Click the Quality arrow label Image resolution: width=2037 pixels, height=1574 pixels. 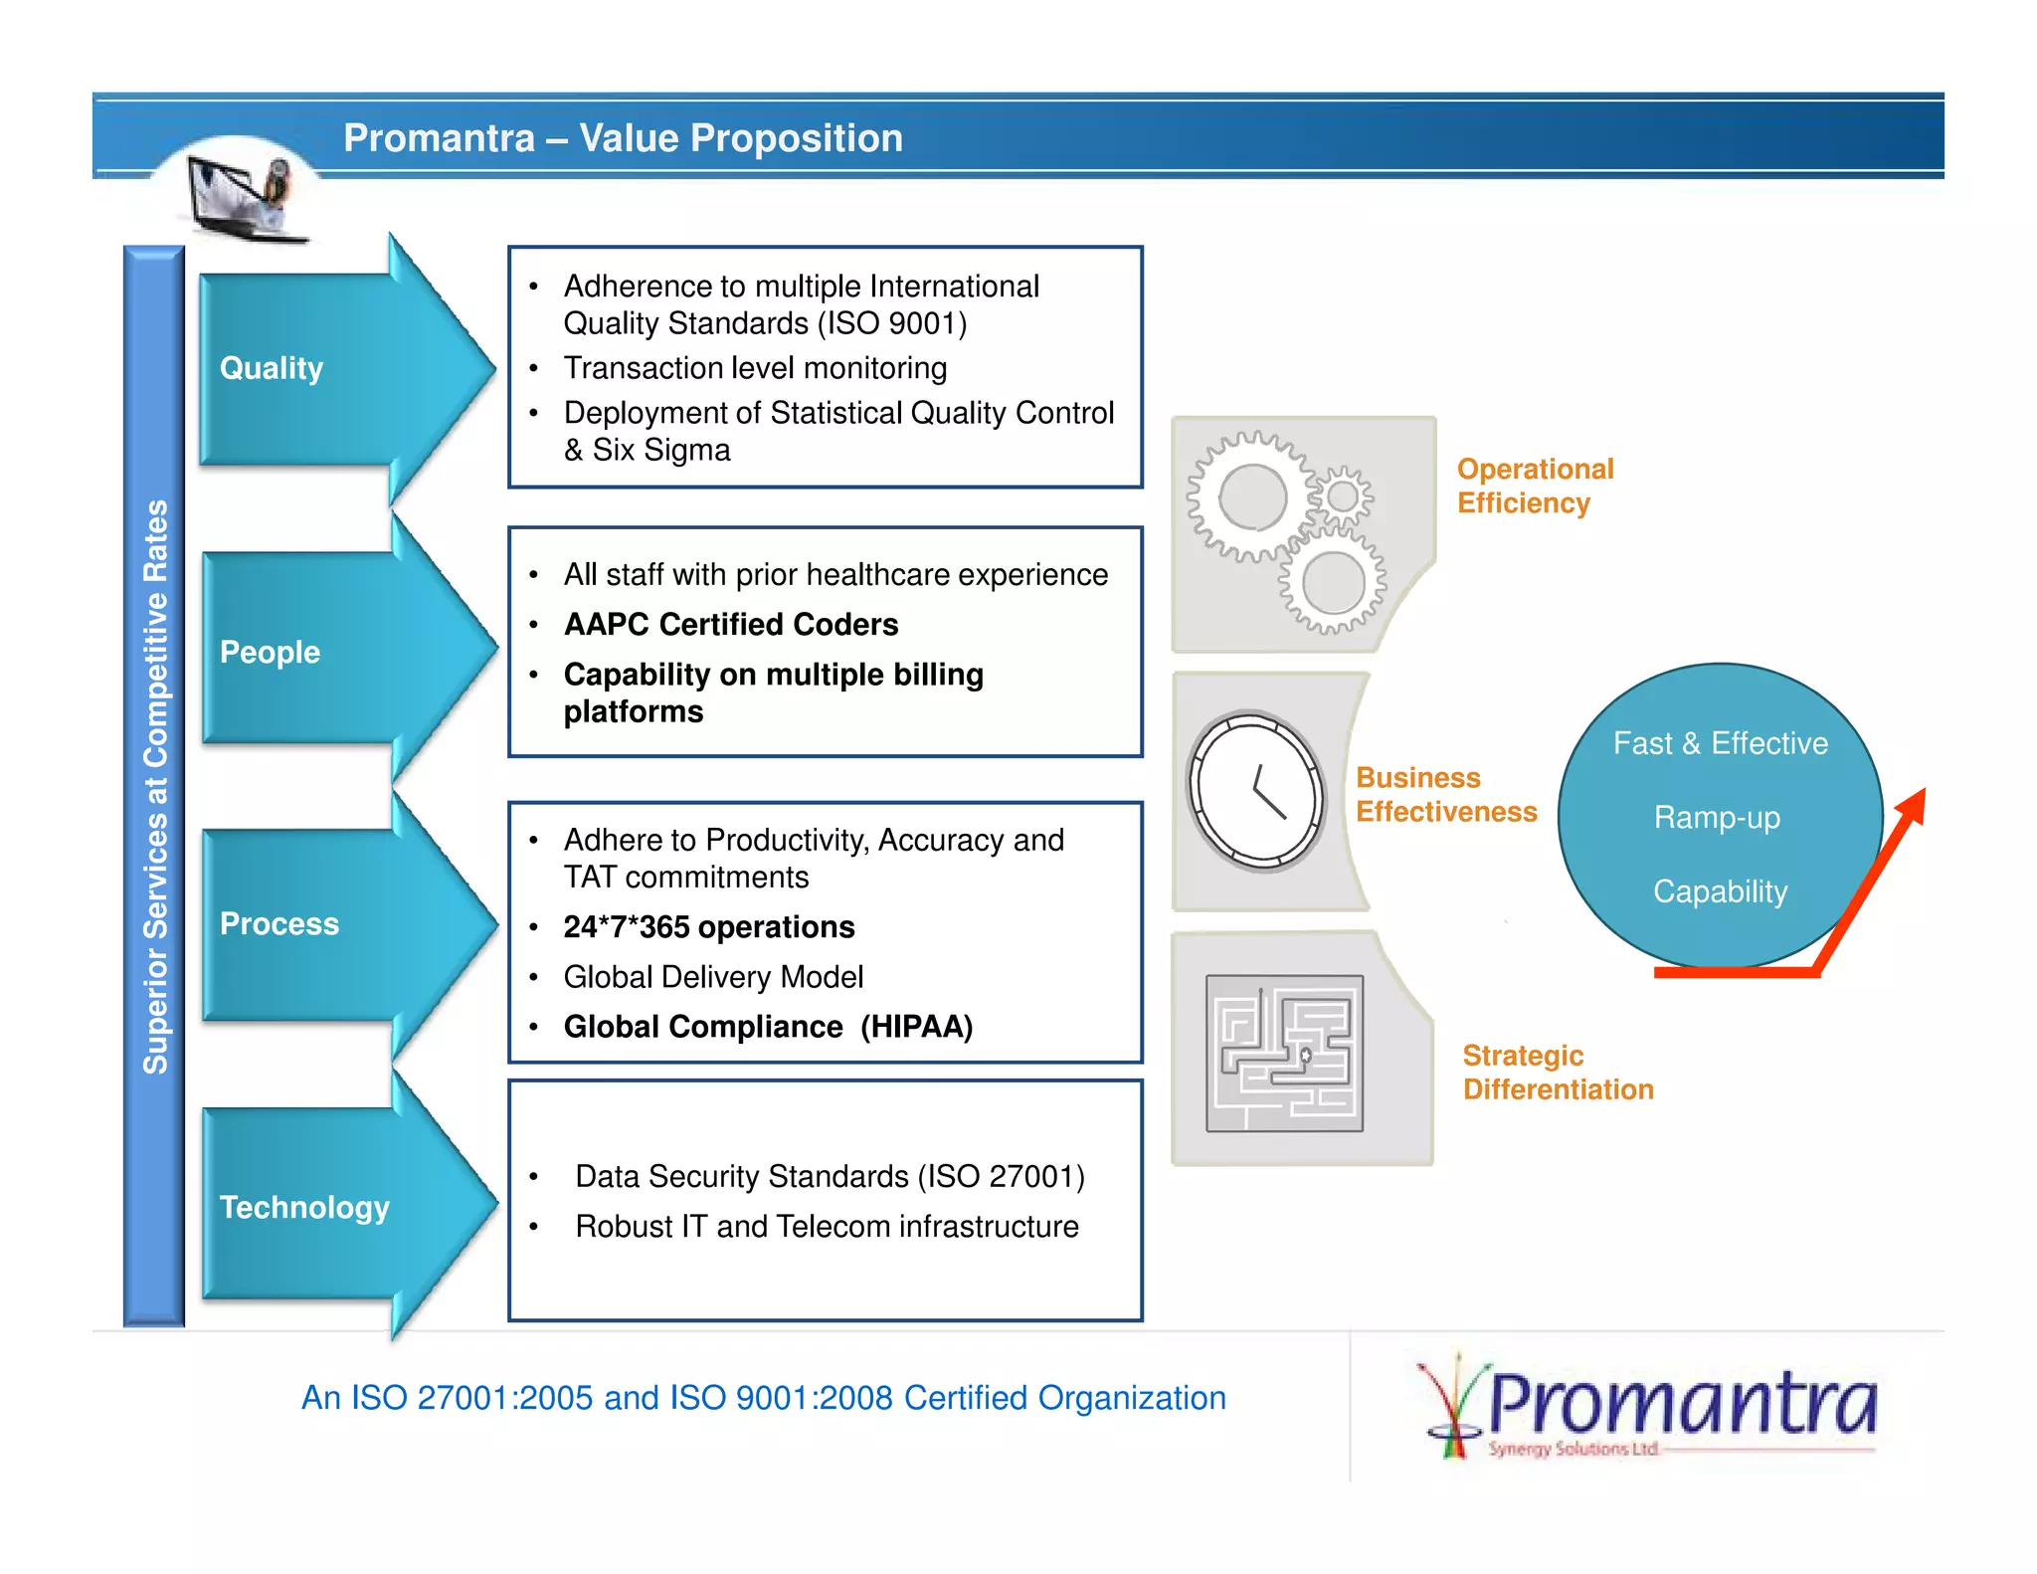(271, 368)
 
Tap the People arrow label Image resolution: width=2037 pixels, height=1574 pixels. (270, 652)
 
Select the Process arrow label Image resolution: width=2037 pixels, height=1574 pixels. (278, 923)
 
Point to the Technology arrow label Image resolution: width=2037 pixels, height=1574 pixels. (303, 1207)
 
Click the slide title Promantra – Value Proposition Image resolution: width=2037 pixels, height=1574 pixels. (623, 138)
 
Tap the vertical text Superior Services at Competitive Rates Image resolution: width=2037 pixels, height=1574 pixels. (155, 786)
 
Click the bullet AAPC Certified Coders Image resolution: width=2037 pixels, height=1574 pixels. (730, 624)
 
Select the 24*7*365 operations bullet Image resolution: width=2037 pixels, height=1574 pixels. (708, 926)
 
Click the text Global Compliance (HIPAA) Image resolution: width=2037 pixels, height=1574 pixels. (767, 1026)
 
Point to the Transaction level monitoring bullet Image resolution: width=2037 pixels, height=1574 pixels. (754, 368)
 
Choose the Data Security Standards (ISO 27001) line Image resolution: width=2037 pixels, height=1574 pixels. (829, 1176)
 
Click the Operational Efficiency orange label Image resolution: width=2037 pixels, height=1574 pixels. (1534, 486)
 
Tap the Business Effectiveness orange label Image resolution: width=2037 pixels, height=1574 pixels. (1445, 794)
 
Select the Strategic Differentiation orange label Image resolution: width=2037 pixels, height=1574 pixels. (1557, 1072)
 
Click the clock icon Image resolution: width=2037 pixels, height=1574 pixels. (1256, 790)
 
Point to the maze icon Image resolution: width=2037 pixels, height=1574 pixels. (1284, 1053)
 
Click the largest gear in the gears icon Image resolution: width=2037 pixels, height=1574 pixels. (1252, 497)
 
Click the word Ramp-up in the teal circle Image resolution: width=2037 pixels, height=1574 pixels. (1717, 817)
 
